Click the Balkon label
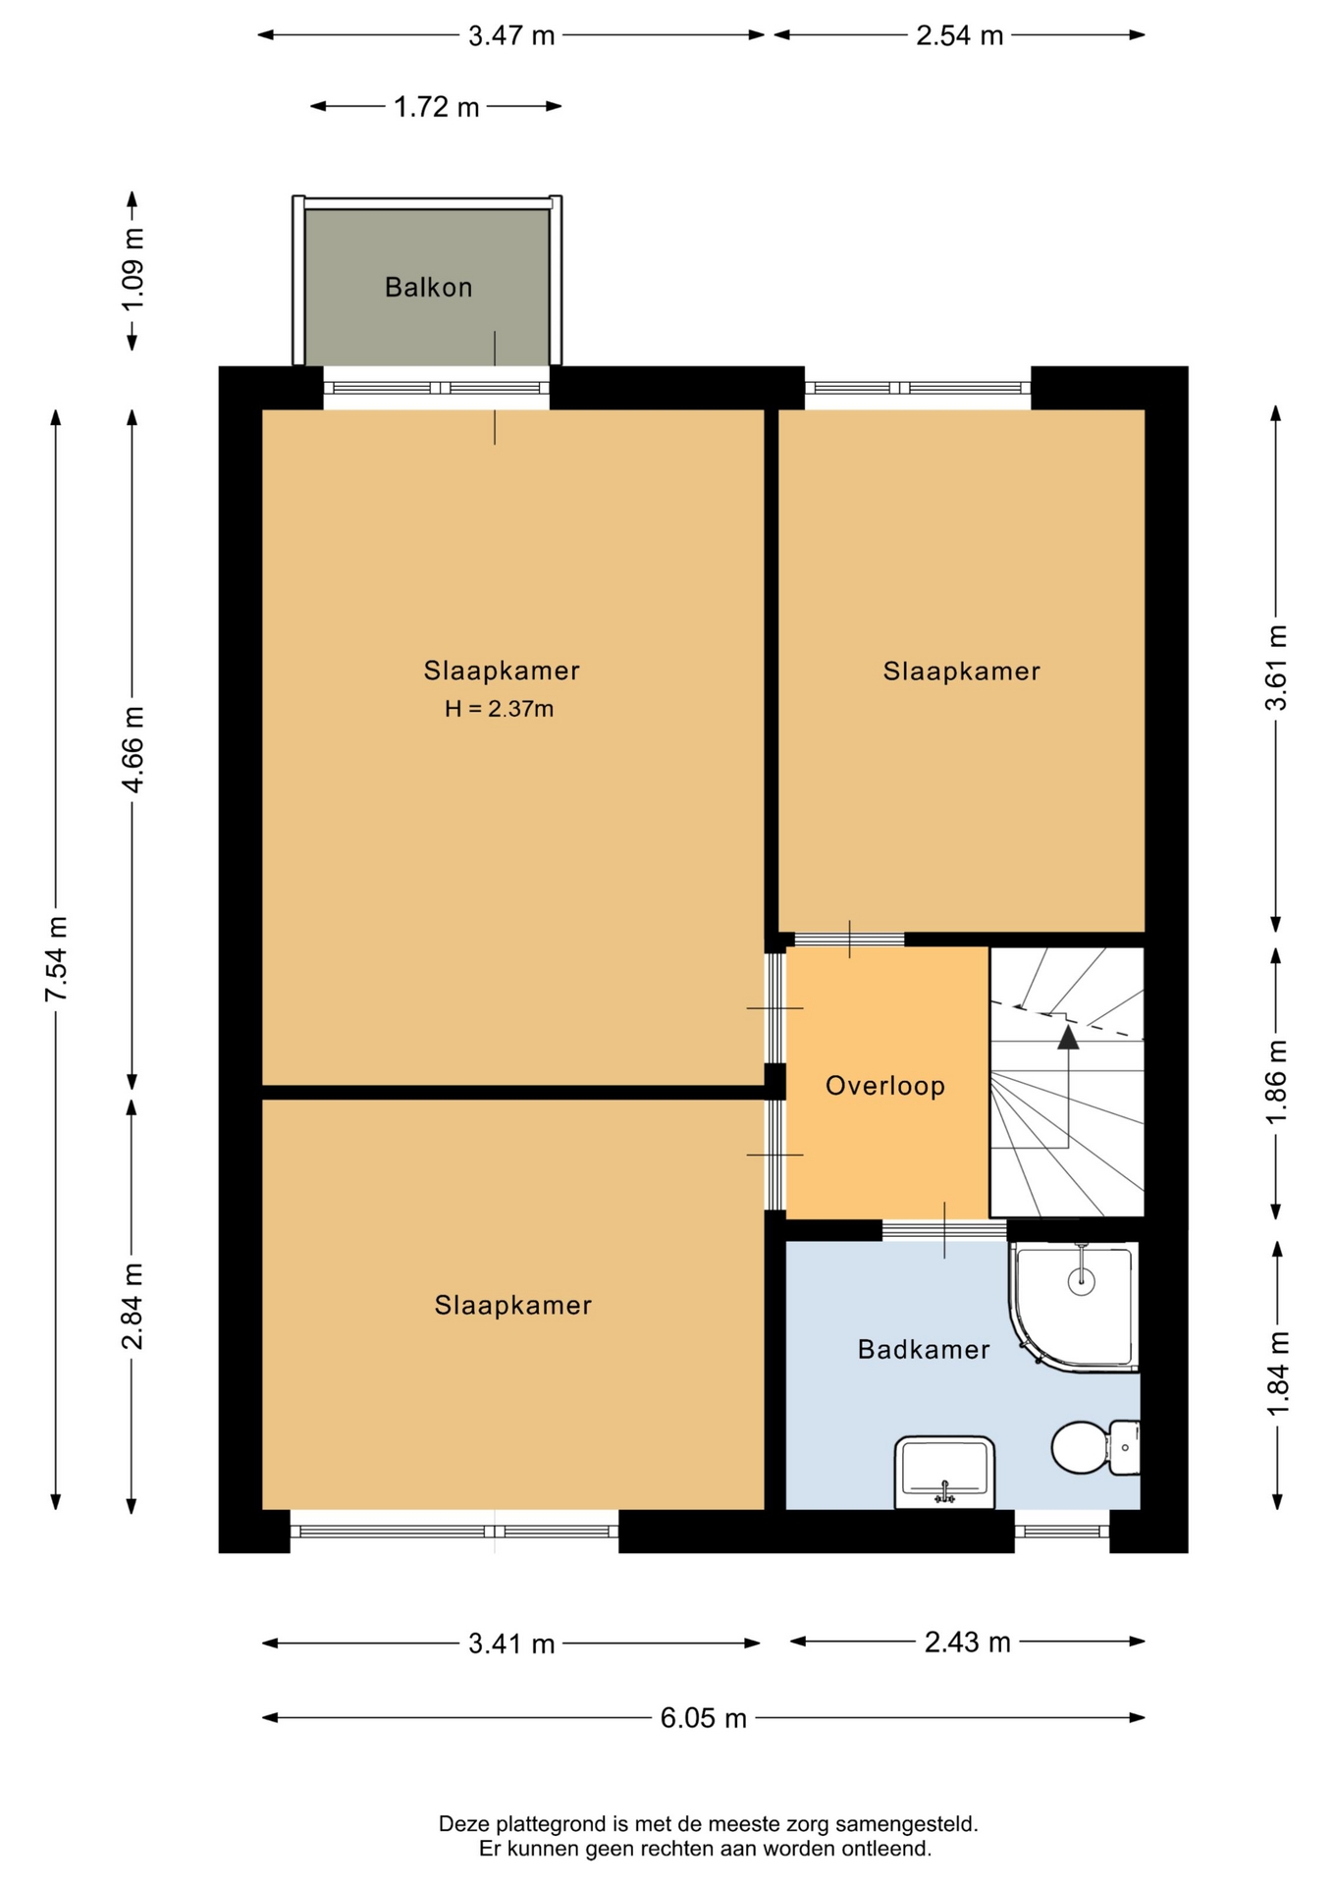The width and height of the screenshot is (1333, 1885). click(428, 288)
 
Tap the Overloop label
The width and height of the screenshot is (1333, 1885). click(884, 1086)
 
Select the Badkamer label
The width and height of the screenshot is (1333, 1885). click(924, 1349)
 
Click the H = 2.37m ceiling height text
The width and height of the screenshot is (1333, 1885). click(500, 709)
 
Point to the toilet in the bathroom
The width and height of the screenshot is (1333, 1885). click(1095, 1446)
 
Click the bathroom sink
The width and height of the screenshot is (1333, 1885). click(944, 1472)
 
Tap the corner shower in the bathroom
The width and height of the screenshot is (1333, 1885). click(1074, 1306)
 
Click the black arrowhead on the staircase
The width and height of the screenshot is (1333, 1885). click(1068, 1037)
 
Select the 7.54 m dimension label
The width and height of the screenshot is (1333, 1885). click(56, 959)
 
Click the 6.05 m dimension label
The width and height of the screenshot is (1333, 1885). click(704, 1718)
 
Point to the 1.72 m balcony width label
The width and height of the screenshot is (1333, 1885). click(437, 106)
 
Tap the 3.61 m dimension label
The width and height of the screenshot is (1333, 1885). click(1276, 668)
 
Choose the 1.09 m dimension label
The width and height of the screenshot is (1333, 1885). click(133, 270)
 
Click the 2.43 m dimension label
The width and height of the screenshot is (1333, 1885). click(968, 1642)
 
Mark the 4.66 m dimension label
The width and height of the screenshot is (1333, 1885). click(133, 749)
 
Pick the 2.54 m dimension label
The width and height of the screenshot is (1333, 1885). click(960, 35)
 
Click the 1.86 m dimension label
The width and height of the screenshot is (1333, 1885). click(1276, 1084)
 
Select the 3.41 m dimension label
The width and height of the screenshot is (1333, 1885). click(511, 1643)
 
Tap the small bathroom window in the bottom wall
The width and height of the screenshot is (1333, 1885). click(1062, 1531)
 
